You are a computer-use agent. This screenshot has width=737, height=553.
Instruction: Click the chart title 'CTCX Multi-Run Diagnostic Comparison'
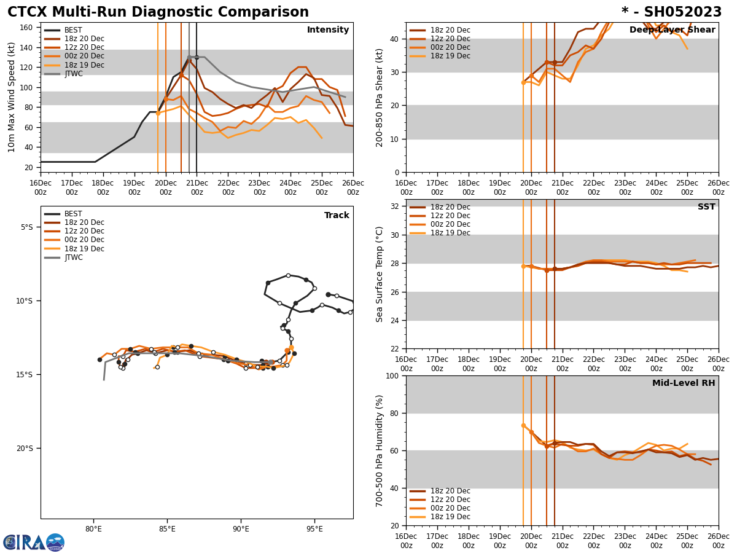click(x=158, y=12)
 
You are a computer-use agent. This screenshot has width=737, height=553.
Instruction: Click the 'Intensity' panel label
click(x=328, y=30)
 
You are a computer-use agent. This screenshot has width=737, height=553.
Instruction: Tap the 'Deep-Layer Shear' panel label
click(x=672, y=30)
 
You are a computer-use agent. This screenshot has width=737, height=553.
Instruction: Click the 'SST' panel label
click(x=706, y=207)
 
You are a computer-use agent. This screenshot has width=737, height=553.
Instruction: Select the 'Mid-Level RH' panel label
click(x=684, y=383)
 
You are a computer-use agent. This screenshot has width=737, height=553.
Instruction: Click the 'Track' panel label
click(x=337, y=216)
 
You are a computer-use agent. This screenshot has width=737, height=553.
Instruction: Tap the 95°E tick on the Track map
click(x=315, y=529)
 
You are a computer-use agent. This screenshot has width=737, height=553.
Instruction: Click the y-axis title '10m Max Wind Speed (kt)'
click(x=12, y=97)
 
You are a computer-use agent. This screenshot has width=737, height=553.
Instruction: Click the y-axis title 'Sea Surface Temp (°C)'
click(x=380, y=274)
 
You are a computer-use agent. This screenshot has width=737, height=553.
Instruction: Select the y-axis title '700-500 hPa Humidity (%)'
click(x=380, y=450)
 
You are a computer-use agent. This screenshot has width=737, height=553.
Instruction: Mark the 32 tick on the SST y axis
click(x=396, y=206)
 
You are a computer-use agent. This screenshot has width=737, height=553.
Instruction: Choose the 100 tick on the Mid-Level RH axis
click(x=394, y=376)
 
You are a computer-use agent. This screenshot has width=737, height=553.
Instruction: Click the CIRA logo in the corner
click(x=34, y=543)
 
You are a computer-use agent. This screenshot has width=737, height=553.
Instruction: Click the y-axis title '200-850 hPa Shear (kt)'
click(x=380, y=97)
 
